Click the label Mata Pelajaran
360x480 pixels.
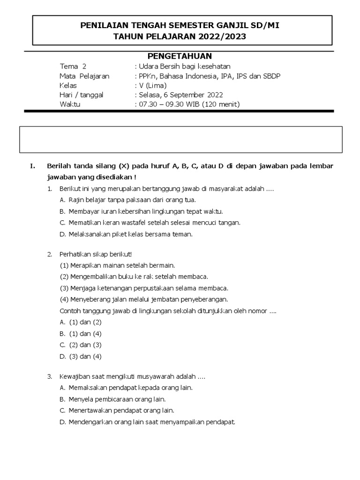click(x=84, y=76)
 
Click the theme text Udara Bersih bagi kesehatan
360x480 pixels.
click(x=184, y=67)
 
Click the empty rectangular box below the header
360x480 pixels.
click(x=180, y=139)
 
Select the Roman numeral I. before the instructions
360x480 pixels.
click(x=32, y=166)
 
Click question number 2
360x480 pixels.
click(x=49, y=254)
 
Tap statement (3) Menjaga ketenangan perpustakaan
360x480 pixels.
click(x=144, y=288)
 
